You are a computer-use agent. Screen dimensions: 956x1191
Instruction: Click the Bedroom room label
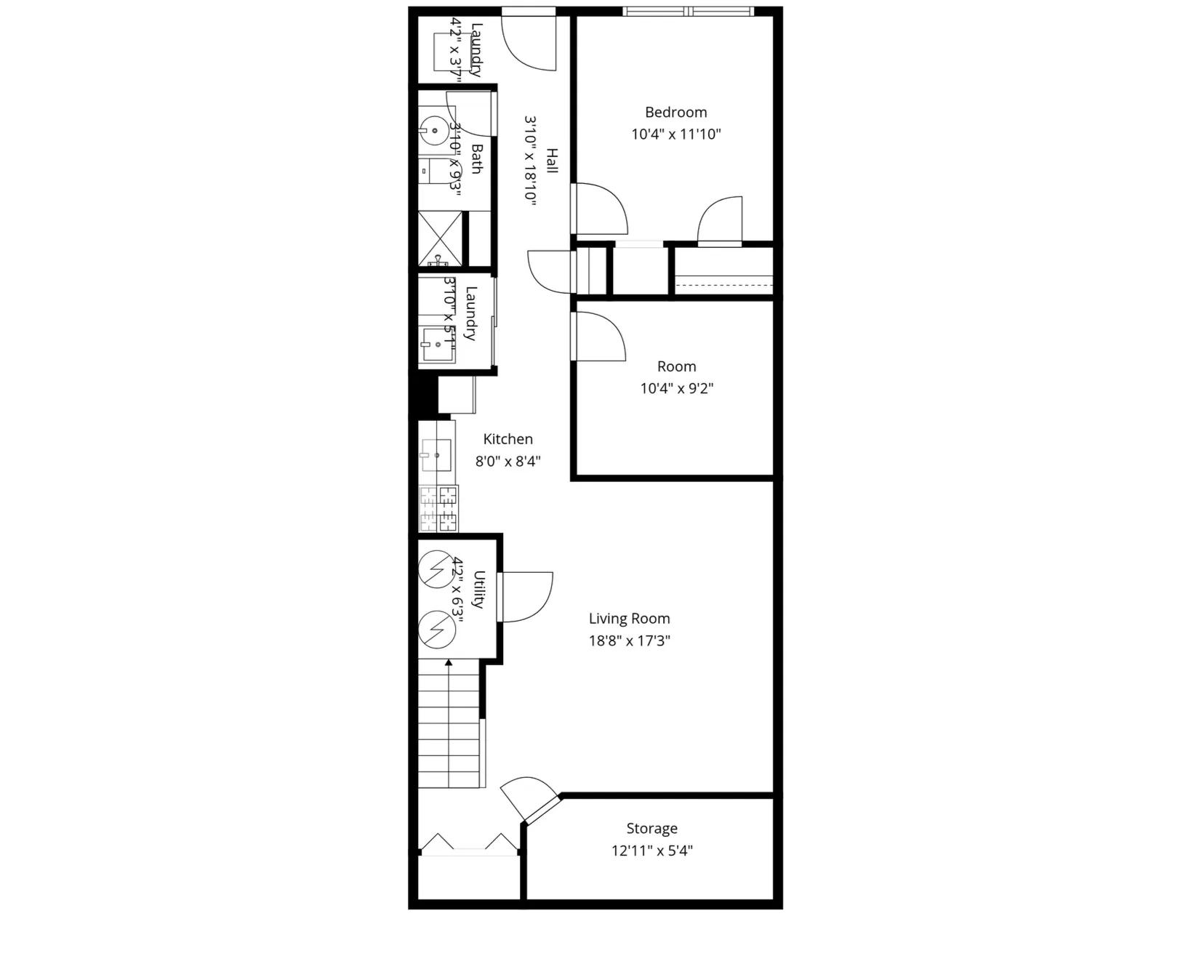pos(675,112)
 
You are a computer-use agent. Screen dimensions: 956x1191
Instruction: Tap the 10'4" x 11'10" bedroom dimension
pos(675,134)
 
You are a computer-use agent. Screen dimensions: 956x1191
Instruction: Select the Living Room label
pos(629,619)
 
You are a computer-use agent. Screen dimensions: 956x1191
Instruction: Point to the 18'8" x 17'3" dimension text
pos(629,640)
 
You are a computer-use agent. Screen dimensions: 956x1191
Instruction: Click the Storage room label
pos(651,828)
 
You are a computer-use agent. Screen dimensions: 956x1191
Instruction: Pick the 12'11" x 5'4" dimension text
pos(651,850)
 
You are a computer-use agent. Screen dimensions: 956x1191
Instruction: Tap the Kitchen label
pos(508,439)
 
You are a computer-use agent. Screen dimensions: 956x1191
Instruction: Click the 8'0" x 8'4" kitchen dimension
pos(508,461)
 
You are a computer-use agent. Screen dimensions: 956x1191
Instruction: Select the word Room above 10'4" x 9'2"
pos(676,366)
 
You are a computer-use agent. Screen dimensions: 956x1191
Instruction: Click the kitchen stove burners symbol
pos(438,508)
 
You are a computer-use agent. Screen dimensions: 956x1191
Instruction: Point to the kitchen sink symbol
pos(436,455)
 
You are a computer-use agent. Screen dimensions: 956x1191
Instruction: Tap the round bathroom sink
pos(434,131)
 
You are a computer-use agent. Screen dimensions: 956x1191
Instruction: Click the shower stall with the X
pos(440,238)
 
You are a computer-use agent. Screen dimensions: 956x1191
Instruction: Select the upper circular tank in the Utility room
pos(436,569)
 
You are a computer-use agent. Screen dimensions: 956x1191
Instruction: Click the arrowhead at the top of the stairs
pos(449,662)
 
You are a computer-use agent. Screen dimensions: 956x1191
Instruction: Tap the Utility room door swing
pos(526,596)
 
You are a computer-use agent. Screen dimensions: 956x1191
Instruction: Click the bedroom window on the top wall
pos(688,12)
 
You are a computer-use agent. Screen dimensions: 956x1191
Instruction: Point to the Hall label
pos(552,161)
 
